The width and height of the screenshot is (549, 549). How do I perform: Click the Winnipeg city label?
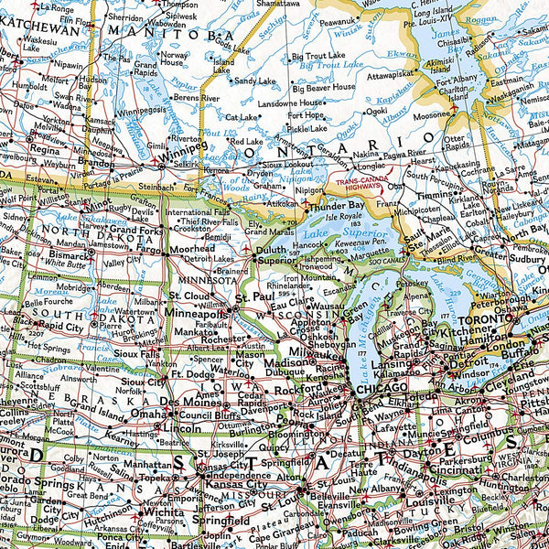tap(186, 145)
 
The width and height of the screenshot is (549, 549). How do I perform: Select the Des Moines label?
tap(183, 402)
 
